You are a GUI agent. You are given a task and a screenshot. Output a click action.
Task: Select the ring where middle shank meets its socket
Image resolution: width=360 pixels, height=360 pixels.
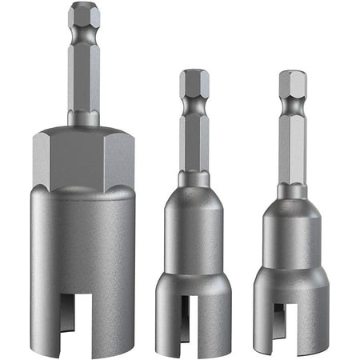click(194, 178)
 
